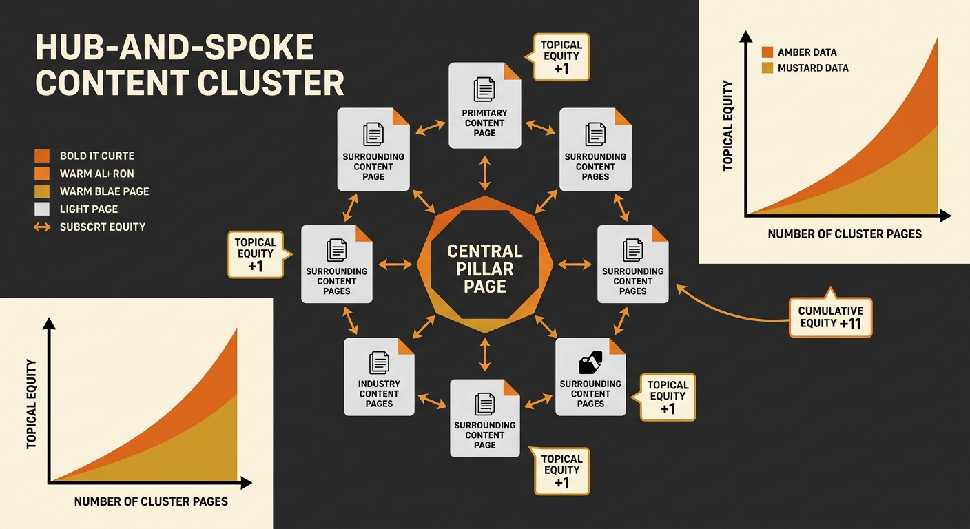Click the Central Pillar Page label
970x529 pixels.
[x=485, y=268]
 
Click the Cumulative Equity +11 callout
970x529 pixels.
[x=830, y=317]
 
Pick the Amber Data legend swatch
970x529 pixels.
[x=767, y=52]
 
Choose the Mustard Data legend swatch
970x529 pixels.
[x=767, y=68]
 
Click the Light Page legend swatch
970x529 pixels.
[x=42, y=209]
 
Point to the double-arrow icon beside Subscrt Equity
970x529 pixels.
[x=42, y=227]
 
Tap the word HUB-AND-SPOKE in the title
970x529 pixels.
[x=174, y=49]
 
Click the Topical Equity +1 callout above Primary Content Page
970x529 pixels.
[x=561, y=56]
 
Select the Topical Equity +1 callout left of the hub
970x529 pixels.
[x=256, y=254]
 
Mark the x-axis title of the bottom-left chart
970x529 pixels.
[x=151, y=501]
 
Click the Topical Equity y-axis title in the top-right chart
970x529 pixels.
[x=727, y=125]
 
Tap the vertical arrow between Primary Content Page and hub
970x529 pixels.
[x=485, y=172]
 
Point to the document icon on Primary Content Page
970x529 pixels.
[x=484, y=90]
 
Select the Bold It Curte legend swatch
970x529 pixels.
[x=42, y=156]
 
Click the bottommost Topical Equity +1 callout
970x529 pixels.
[x=561, y=470]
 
